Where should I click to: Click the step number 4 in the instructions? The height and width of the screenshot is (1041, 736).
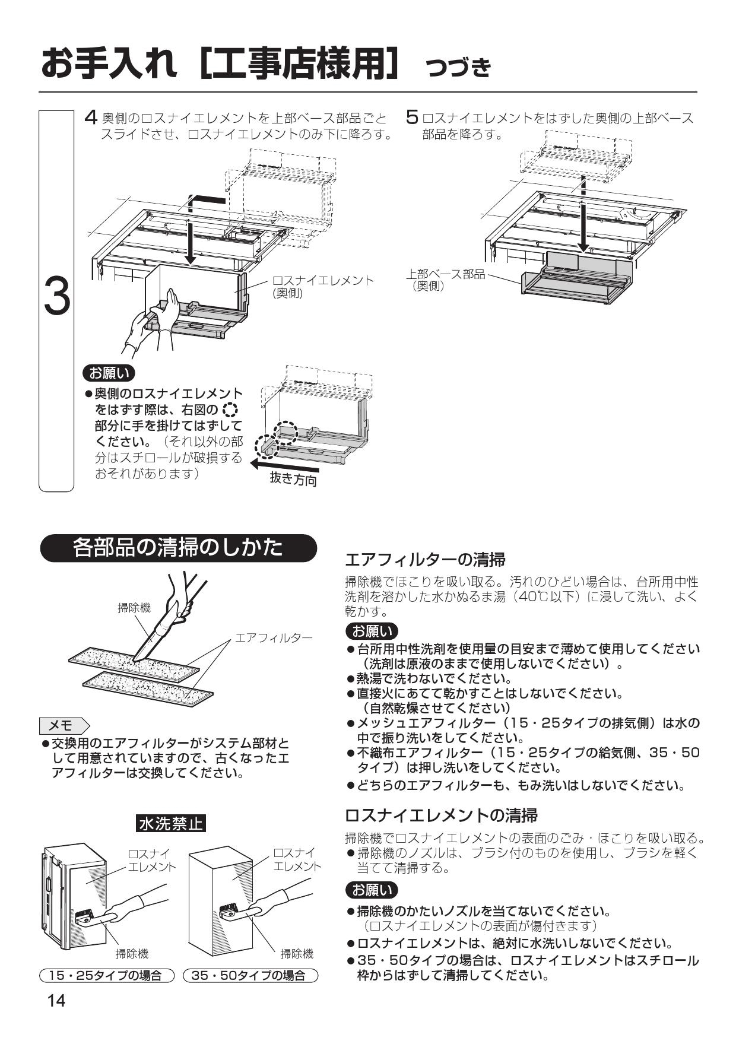(90, 117)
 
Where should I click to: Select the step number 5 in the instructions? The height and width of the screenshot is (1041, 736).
(412, 117)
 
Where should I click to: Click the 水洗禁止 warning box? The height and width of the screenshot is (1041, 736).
(170, 823)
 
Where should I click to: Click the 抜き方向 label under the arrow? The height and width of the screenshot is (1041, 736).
(293, 479)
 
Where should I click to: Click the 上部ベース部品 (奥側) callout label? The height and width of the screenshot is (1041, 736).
(445, 279)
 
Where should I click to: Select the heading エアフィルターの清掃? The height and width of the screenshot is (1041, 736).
(425, 559)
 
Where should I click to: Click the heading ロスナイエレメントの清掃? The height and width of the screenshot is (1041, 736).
(441, 815)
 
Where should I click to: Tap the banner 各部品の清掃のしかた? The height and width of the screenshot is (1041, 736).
(178, 548)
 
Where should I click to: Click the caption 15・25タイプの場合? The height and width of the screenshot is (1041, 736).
(106, 975)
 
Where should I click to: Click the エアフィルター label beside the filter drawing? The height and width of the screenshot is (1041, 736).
(274, 638)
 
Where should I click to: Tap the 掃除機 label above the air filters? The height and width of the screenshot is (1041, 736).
(134, 607)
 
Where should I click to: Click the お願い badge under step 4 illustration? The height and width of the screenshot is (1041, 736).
(109, 373)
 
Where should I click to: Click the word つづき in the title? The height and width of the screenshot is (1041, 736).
(458, 68)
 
